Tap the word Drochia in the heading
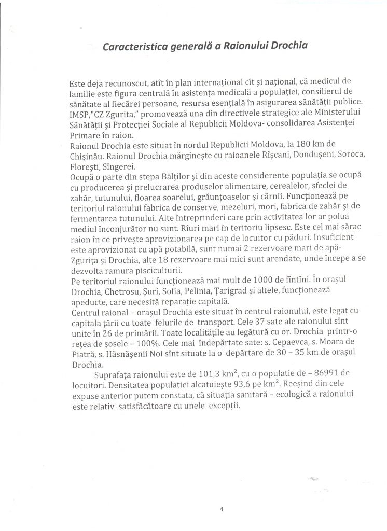(x=286, y=45)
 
